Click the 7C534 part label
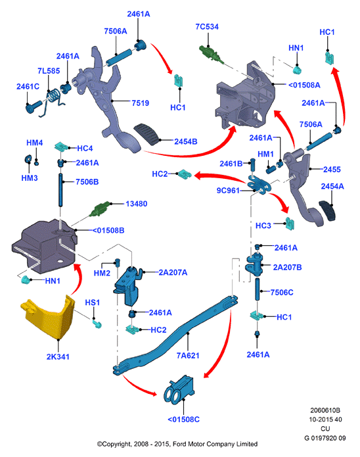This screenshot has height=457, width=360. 207,27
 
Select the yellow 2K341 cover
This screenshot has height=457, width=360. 48,317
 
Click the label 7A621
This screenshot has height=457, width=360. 188,356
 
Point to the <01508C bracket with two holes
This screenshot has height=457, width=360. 179,390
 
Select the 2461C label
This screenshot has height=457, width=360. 28,87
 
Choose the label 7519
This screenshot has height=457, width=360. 140,103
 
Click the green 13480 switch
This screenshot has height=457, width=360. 100,210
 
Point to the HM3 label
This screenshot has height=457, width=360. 30,178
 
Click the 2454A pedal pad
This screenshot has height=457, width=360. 327,210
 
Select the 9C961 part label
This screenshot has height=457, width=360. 228,191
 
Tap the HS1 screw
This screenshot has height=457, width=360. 97,324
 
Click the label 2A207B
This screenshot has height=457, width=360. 287,267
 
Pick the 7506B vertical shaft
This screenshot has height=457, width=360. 60,190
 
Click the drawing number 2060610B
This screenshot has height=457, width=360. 325,410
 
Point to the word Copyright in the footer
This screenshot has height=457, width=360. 116,444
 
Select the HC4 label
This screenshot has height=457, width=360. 85,149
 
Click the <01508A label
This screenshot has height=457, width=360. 304,85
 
